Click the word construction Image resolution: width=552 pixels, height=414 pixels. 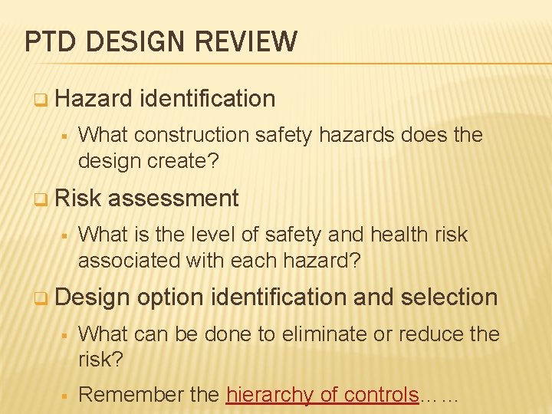point(191,135)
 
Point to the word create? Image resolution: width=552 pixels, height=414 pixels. point(189,161)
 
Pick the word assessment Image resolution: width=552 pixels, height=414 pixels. point(173,198)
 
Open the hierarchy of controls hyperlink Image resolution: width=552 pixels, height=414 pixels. point(323,395)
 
